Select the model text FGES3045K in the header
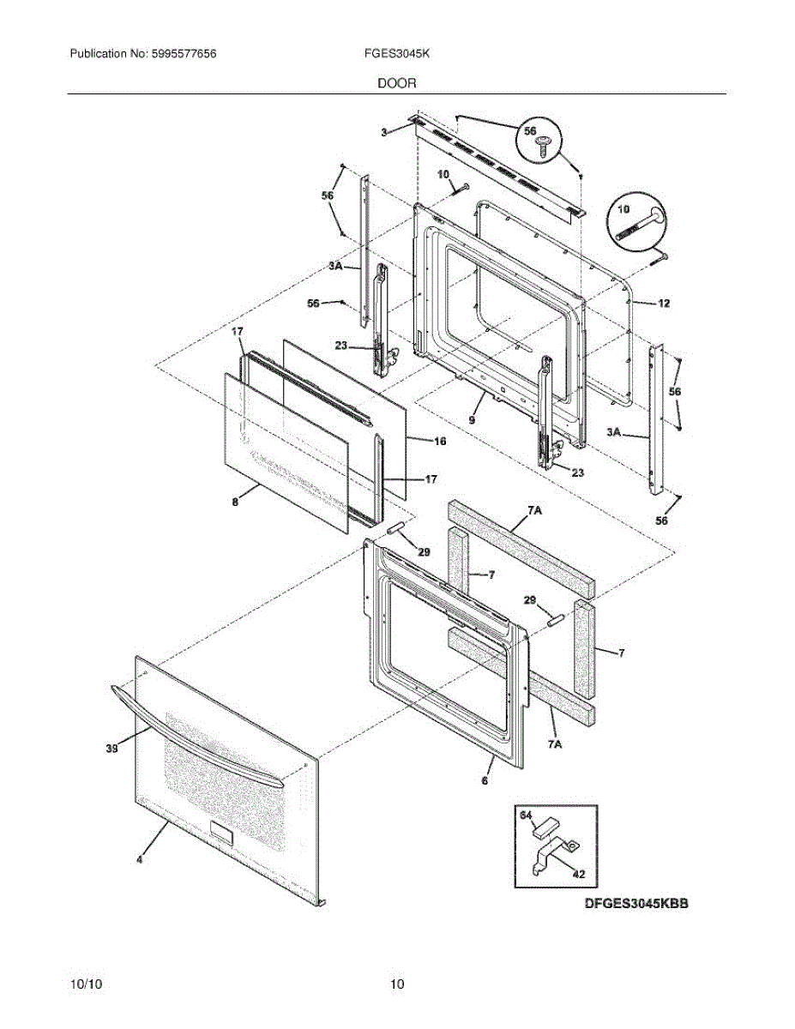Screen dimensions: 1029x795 pyautogui.click(x=396, y=54)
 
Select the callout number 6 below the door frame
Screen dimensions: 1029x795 pyautogui.click(x=485, y=780)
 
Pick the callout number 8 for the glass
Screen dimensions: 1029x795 pyautogui.click(x=235, y=504)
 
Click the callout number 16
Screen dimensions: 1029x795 pyautogui.click(x=439, y=441)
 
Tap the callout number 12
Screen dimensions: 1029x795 pyautogui.click(x=664, y=304)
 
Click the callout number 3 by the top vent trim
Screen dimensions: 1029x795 pyautogui.click(x=385, y=132)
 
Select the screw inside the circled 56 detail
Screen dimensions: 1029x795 pyautogui.click(x=542, y=148)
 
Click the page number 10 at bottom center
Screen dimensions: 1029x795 pyautogui.click(x=396, y=984)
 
